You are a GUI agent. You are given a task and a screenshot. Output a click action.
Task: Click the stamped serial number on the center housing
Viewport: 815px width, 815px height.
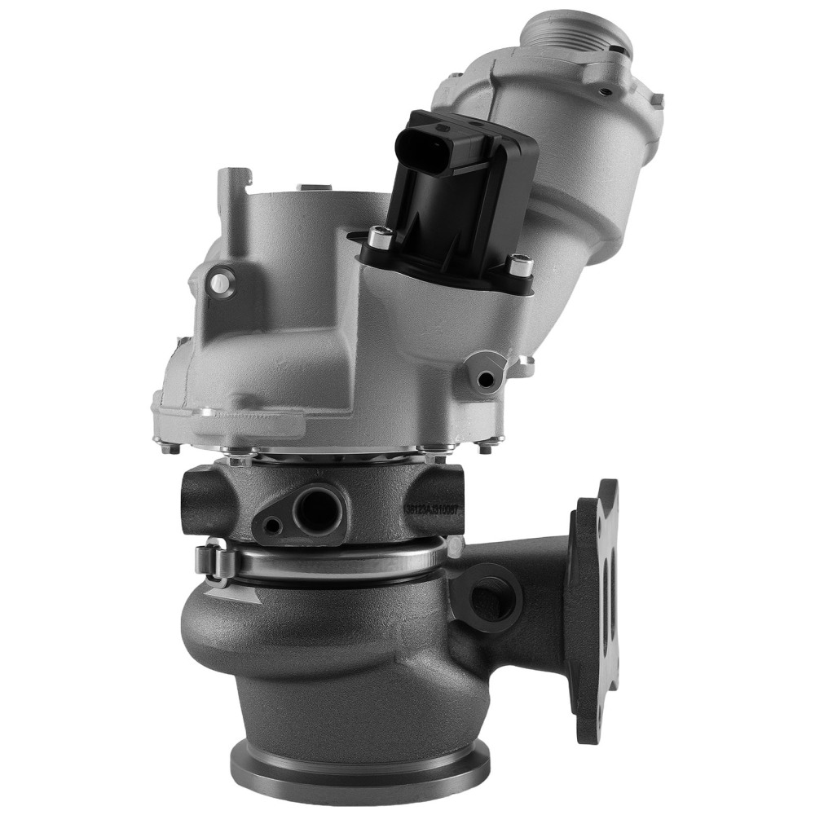coord(432,508)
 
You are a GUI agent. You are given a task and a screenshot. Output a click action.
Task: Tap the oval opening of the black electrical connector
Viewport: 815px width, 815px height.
coord(423,145)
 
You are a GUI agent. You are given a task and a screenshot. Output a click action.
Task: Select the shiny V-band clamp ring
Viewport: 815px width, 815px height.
coord(342,562)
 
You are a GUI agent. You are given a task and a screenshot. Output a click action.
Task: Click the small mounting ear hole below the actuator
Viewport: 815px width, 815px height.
coord(487,378)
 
